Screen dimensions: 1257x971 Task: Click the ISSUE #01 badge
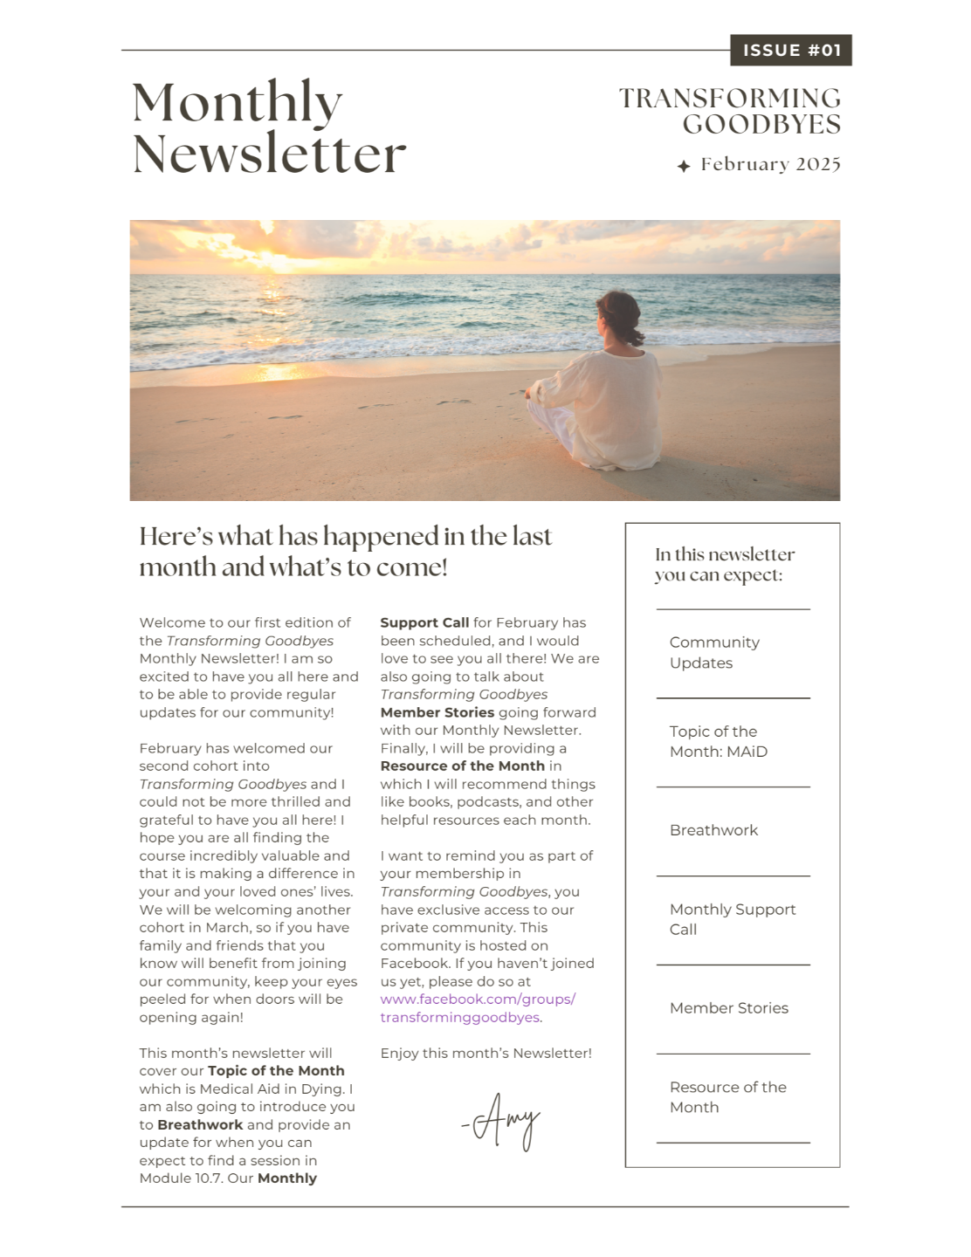tap(791, 51)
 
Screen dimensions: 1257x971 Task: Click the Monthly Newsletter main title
tap(269, 127)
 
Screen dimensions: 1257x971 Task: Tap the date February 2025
tap(770, 164)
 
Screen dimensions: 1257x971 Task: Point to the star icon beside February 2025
tap(684, 166)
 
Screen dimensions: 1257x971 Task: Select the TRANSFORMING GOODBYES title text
tap(730, 111)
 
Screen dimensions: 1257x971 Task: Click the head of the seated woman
tap(618, 313)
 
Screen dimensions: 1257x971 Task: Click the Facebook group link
tap(478, 1008)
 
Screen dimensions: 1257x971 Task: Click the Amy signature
tap(501, 1121)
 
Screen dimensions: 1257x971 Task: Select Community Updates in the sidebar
tap(714, 653)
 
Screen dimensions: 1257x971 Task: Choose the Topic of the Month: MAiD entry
tap(718, 742)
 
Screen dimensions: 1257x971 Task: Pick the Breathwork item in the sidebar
tap(713, 830)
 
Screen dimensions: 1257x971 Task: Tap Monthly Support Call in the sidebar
tap(733, 919)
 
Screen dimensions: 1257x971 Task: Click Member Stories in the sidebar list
tap(728, 1008)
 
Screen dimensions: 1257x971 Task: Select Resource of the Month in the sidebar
tap(727, 1097)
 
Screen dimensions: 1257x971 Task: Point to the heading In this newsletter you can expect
tap(724, 564)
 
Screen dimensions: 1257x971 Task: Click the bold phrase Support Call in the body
tap(424, 622)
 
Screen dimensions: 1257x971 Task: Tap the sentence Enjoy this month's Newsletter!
tap(485, 1053)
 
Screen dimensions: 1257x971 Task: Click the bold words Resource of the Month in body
tap(462, 766)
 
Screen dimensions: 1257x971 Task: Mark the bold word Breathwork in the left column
tap(200, 1124)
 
